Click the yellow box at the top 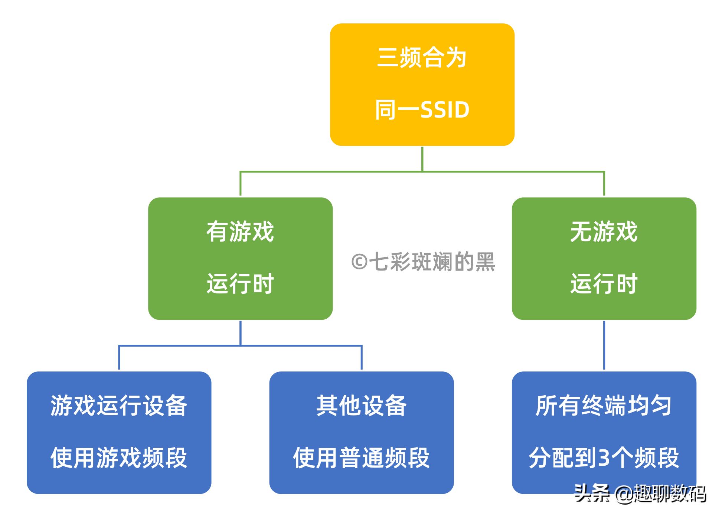[x=422, y=85]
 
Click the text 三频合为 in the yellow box [x=422, y=58]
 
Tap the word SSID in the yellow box [x=445, y=110]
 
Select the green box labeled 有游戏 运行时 [x=240, y=259]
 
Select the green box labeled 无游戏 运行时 [x=604, y=259]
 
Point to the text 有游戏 [x=240, y=232]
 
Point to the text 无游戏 [x=604, y=232]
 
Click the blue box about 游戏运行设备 [x=119, y=433]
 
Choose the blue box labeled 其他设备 [x=362, y=433]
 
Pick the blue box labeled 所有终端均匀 [x=604, y=433]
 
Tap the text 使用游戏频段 [x=119, y=458]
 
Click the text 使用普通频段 [x=362, y=458]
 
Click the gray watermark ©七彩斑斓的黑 [x=423, y=262]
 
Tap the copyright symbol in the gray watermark [x=359, y=262]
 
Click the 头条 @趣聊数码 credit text [x=640, y=494]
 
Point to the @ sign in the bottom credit [x=624, y=494]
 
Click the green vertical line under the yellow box [x=422, y=159]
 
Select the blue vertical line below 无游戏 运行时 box [x=604, y=345]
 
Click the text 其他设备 [x=362, y=406]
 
